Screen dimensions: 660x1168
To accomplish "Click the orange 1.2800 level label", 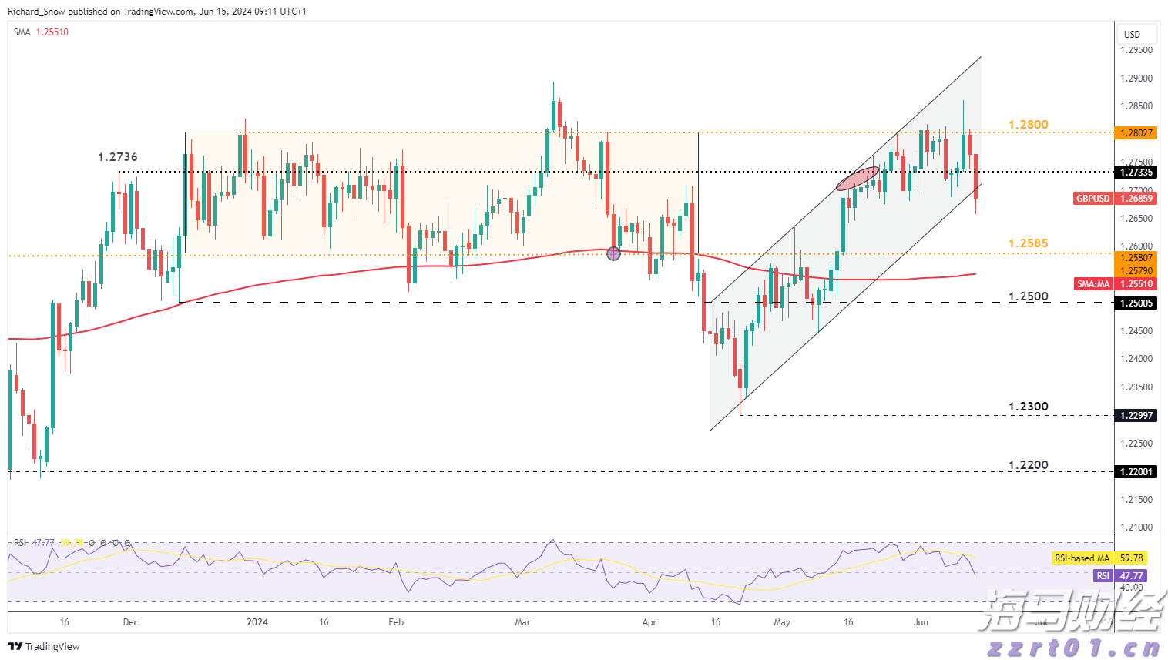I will (1028, 125).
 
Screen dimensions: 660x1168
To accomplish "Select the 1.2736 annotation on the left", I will (117, 157).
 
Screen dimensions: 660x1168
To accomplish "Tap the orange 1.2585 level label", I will (1028, 243).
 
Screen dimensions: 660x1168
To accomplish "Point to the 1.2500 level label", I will (1028, 296).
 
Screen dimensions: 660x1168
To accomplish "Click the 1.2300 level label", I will (1028, 407).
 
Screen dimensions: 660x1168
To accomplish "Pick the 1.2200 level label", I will (1028, 465).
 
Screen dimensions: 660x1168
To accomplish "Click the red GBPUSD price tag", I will (1093, 199).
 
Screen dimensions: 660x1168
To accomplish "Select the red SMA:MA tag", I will (1093, 284).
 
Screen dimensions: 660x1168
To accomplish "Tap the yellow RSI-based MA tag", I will (1082, 558).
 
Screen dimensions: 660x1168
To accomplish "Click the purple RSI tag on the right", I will (1103, 576).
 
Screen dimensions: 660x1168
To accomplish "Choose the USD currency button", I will (1132, 34).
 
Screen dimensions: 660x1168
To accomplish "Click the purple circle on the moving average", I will (613, 253).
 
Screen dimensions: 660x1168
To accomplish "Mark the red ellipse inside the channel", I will (858, 178).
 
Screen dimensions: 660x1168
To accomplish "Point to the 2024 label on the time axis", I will (257, 622).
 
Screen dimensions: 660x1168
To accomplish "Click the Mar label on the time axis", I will (523, 622).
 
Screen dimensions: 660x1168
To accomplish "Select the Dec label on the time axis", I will (130, 622).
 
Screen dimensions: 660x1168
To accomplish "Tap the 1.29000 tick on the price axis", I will (1136, 79).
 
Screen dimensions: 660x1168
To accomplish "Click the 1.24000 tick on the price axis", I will (1136, 359).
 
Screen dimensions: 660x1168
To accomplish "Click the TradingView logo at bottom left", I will (44, 646).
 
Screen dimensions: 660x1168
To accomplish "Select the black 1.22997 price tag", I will (1136, 416).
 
